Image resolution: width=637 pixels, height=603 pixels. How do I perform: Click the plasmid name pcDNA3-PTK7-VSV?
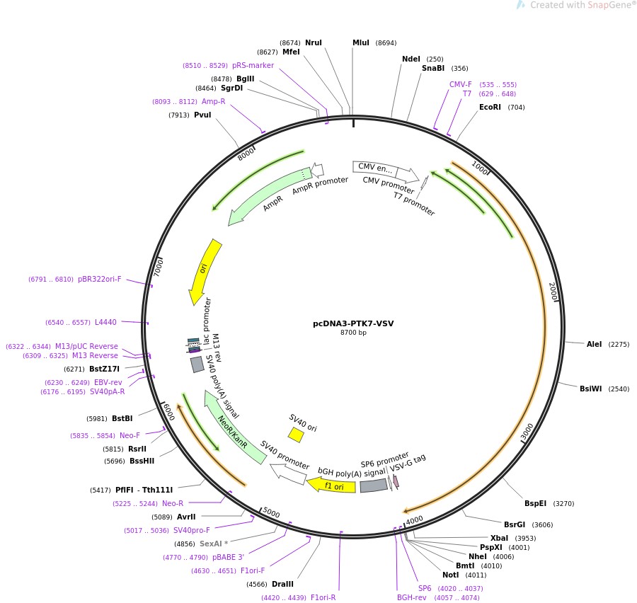pos(353,323)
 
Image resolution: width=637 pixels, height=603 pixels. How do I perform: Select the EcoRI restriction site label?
pos(490,108)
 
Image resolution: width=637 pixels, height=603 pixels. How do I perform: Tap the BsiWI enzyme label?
pos(590,389)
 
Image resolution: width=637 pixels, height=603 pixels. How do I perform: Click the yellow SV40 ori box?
pos(296,435)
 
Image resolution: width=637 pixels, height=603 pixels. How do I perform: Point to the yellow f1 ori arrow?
pos(333,486)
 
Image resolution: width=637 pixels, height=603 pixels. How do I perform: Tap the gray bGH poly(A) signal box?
pos(373,486)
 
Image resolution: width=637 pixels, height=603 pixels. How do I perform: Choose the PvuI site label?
pos(202,115)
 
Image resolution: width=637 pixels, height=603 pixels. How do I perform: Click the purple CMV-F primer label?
pos(460,84)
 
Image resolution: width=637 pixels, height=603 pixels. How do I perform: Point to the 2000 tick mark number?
pos(554,291)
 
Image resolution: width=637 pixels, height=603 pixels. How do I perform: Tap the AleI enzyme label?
pos(594,344)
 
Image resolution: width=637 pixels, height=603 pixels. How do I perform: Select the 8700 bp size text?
pos(353,333)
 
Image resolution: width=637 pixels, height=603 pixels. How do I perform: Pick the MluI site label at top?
pos(361,42)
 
